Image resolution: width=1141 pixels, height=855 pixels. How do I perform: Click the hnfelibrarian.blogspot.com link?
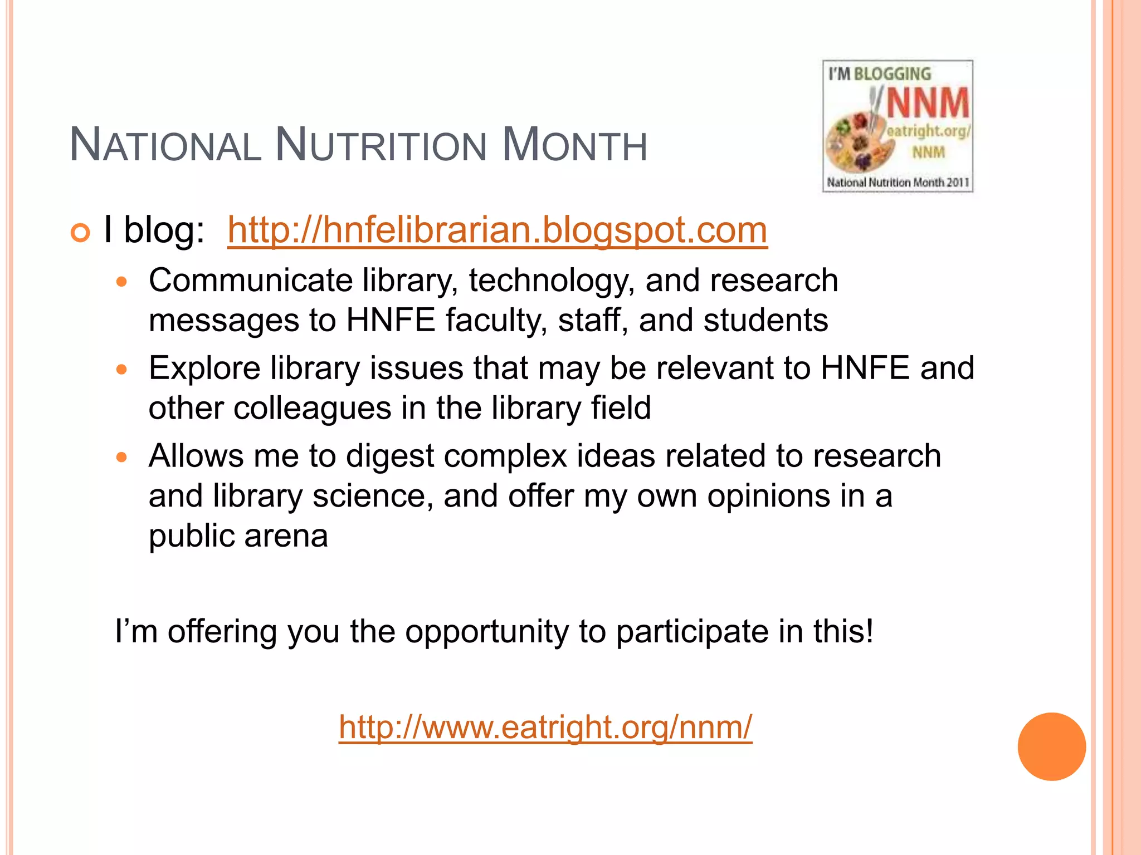point(497,230)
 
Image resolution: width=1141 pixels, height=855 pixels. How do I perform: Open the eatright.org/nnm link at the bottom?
point(545,727)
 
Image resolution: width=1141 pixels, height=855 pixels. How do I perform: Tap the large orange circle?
point(1051,746)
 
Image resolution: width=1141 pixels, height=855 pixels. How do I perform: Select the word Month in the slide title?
point(574,146)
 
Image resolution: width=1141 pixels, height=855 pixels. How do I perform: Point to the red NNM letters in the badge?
point(928,104)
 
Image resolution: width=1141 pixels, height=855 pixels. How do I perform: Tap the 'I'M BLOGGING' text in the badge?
point(879,74)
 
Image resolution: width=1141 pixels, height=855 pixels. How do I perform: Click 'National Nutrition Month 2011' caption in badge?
point(898,183)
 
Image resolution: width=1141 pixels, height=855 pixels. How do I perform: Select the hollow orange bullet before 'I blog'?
point(80,233)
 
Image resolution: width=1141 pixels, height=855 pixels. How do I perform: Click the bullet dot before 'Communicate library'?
point(122,282)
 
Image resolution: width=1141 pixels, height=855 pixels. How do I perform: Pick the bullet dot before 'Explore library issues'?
point(122,369)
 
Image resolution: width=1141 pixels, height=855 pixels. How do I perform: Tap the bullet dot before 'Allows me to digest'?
point(122,458)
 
